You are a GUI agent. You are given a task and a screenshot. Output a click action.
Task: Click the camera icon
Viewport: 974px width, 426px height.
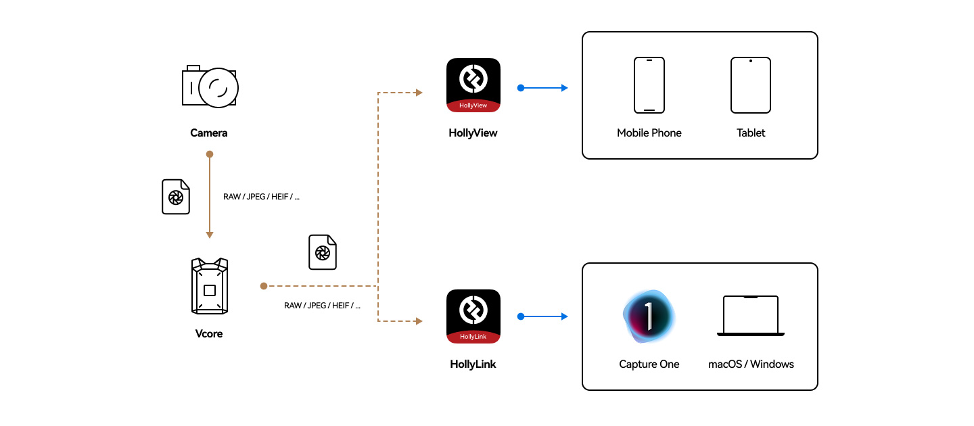click(x=210, y=86)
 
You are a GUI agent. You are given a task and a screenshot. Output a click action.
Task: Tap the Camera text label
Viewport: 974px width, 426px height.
click(x=209, y=133)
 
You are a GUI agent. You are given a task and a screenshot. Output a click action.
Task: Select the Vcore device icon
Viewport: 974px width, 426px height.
click(x=210, y=286)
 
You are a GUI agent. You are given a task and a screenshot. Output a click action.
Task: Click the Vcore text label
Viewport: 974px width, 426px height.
click(x=209, y=333)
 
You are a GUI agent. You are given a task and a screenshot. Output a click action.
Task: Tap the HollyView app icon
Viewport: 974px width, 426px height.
click(x=473, y=85)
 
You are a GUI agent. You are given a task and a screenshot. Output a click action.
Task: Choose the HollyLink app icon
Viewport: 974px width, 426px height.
click(x=473, y=316)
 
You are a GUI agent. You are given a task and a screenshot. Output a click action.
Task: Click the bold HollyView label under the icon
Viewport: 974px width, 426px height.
click(x=473, y=133)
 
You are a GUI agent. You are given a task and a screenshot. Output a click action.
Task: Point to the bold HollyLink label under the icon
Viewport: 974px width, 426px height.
click(x=473, y=364)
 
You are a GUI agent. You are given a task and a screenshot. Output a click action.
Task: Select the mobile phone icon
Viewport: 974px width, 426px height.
click(x=649, y=85)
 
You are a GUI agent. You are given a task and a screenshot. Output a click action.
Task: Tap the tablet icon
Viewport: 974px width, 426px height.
click(x=751, y=85)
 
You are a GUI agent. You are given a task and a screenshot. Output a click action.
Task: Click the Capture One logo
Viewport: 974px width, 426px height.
click(x=649, y=316)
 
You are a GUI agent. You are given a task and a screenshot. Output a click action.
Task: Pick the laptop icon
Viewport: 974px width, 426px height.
click(x=751, y=316)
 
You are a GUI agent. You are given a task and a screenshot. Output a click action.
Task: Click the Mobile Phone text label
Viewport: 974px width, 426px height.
click(x=649, y=133)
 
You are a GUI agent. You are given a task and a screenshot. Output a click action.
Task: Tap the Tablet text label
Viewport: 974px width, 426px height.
click(x=751, y=133)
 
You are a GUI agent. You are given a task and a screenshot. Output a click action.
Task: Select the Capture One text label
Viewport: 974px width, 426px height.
click(x=649, y=364)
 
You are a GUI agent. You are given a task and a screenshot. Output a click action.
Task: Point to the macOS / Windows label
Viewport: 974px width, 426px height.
click(x=751, y=364)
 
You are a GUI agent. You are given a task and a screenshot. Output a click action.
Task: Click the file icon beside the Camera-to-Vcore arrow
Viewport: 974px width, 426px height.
click(x=176, y=197)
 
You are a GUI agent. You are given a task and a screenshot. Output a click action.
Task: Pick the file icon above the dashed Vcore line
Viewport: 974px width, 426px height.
click(x=323, y=252)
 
